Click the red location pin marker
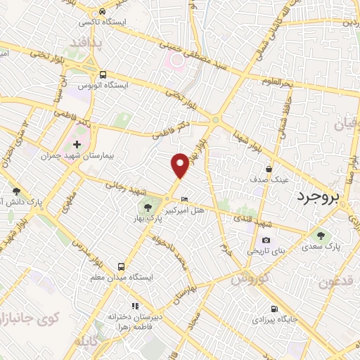(181, 165)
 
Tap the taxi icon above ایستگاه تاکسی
(103, 11)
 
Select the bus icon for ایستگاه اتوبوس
(103, 74)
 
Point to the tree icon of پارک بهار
(148, 207)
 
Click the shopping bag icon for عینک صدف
(269, 169)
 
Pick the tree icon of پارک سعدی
(321, 236)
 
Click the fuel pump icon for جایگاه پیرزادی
(274, 309)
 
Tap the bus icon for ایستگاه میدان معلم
(122, 266)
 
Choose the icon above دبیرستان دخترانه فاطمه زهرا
(136, 307)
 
